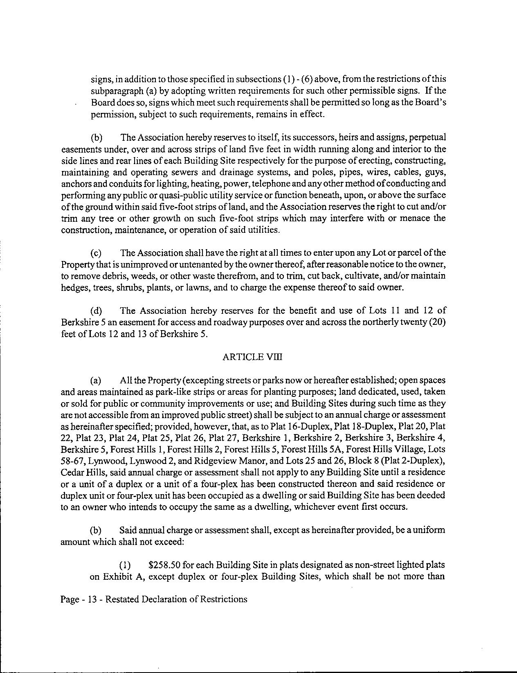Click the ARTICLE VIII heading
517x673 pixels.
(252, 357)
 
